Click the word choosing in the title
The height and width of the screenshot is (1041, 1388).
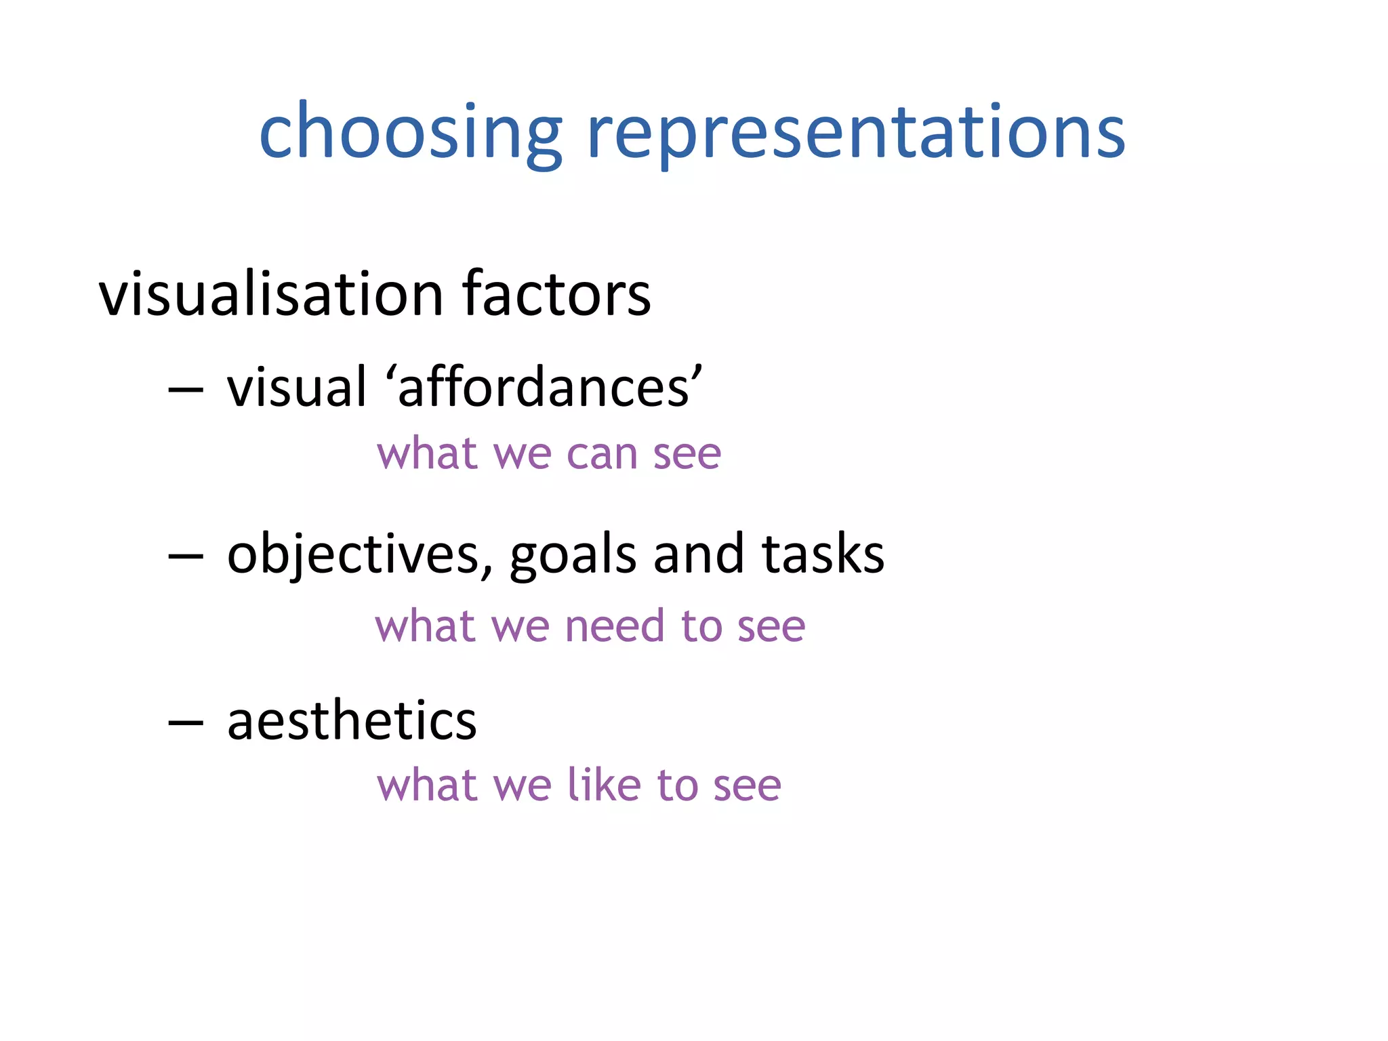point(410,132)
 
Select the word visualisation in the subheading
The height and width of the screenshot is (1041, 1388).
point(271,294)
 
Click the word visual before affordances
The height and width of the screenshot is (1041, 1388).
point(297,388)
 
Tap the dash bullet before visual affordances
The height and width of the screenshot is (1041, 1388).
point(185,390)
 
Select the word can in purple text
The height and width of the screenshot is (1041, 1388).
point(602,453)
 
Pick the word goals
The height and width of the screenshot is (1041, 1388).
point(573,555)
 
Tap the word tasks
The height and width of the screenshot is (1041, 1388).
point(823,555)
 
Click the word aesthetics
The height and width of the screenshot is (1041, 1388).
point(352,720)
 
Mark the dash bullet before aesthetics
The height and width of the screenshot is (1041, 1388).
point(185,723)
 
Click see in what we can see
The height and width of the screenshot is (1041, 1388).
point(687,453)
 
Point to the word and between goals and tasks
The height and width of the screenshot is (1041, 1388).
point(698,555)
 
